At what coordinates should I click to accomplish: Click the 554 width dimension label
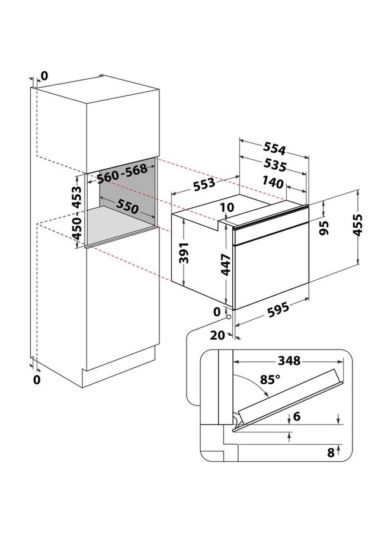[x=274, y=148]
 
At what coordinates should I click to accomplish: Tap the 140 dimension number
[x=273, y=182]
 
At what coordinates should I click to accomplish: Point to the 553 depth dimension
[x=204, y=184]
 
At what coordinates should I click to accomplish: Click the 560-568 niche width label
[x=122, y=173]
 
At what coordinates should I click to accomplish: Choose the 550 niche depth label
[x=127, y=206]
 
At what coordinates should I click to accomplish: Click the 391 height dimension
[x=184, y=253]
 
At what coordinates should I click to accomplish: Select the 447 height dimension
[x=226, y=264]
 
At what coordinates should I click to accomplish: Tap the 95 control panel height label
[x=325, y=228]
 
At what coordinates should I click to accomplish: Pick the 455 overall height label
[x=358, y=224]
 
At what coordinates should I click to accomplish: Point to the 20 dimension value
[x=217, y=335]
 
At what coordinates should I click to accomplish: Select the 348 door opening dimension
[x=289, y=360]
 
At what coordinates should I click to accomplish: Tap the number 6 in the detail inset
[x=297, y=416]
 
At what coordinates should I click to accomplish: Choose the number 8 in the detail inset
[x=331, y=452]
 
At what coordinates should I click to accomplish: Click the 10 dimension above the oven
[x=227, y=207]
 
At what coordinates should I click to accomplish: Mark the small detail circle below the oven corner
[x=229, y=317]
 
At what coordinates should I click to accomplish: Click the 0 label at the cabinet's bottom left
[x=37, y=380]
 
